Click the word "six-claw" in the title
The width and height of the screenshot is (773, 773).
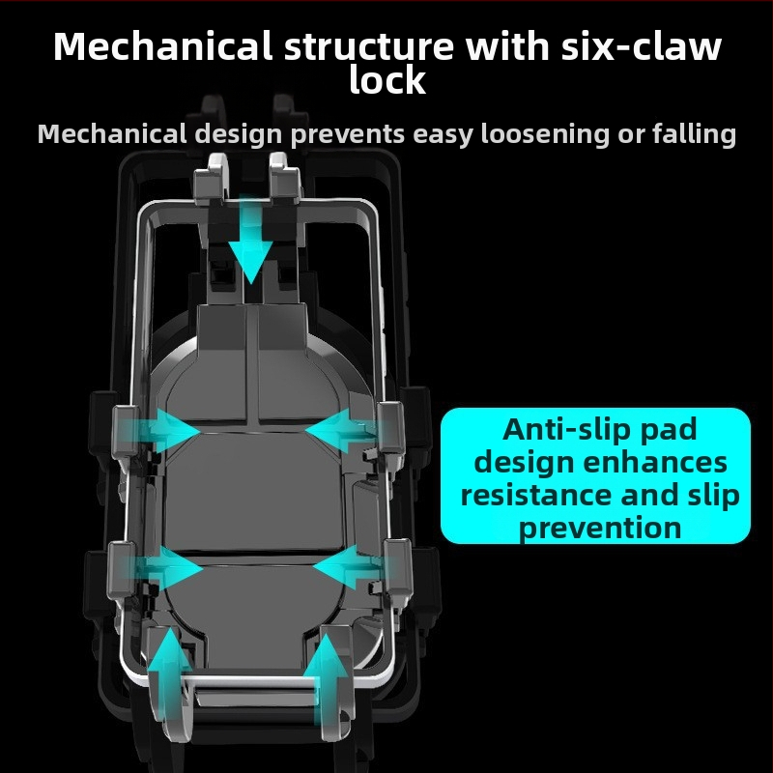(642, 46)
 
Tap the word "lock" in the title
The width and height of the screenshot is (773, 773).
(387, 79)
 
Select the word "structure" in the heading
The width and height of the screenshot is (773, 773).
(369, 46)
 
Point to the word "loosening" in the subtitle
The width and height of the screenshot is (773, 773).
(545, 134)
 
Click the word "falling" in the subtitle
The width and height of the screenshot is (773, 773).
(694, 134)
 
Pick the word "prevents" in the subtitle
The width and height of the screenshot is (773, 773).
(348, 135)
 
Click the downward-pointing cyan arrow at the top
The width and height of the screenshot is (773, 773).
(250, 240)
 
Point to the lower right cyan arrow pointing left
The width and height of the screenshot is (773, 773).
(349, 567)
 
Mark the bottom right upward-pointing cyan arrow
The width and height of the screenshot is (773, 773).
(326, 679)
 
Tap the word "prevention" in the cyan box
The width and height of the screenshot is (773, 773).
(600, 529)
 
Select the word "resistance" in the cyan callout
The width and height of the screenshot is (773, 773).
(537, 495)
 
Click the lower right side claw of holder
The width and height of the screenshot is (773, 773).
(397, 567)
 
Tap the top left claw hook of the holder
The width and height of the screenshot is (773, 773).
(212, 179)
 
